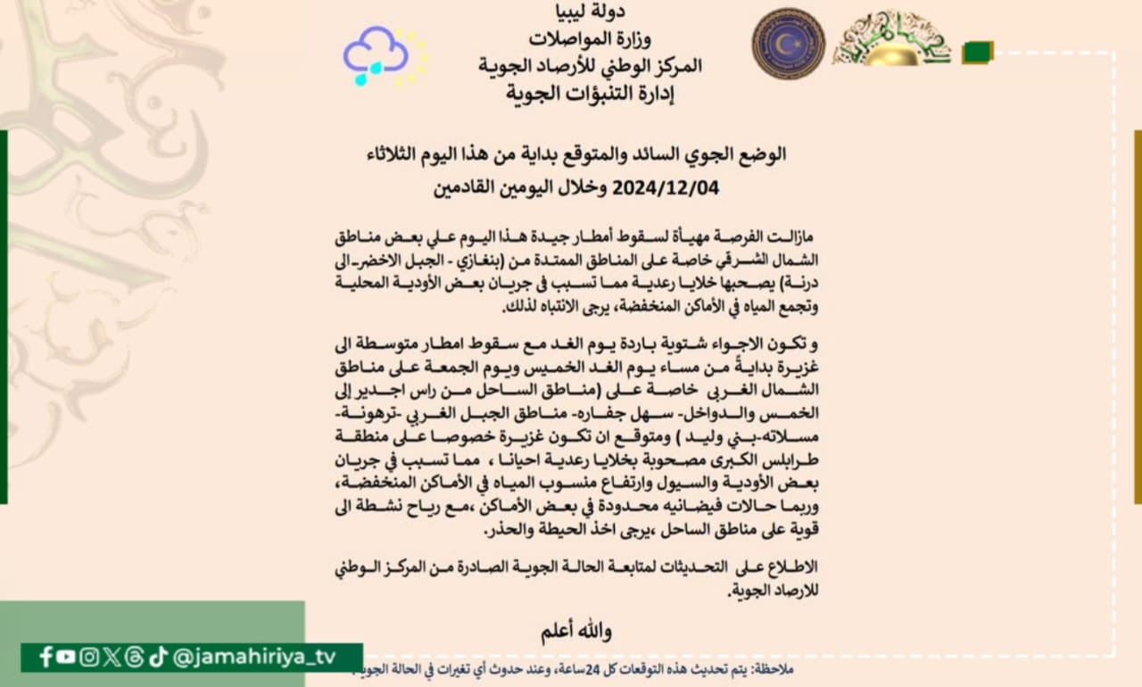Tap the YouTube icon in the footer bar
67,658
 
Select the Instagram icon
89,658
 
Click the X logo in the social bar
112,658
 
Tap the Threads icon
134,658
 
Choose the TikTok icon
158,658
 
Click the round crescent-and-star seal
788,44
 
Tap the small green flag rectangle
977,53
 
